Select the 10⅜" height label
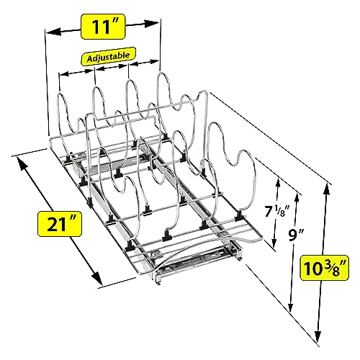(325, 268)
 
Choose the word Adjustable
(108, 57)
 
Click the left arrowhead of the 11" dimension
(53, 32)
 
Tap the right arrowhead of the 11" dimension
(152, 23)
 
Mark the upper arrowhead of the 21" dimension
(22, 164)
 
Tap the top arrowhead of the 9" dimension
(297, 199)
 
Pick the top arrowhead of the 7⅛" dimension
(278, 184)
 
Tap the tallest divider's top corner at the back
(204, 91)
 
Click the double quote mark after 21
(73, 218)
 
